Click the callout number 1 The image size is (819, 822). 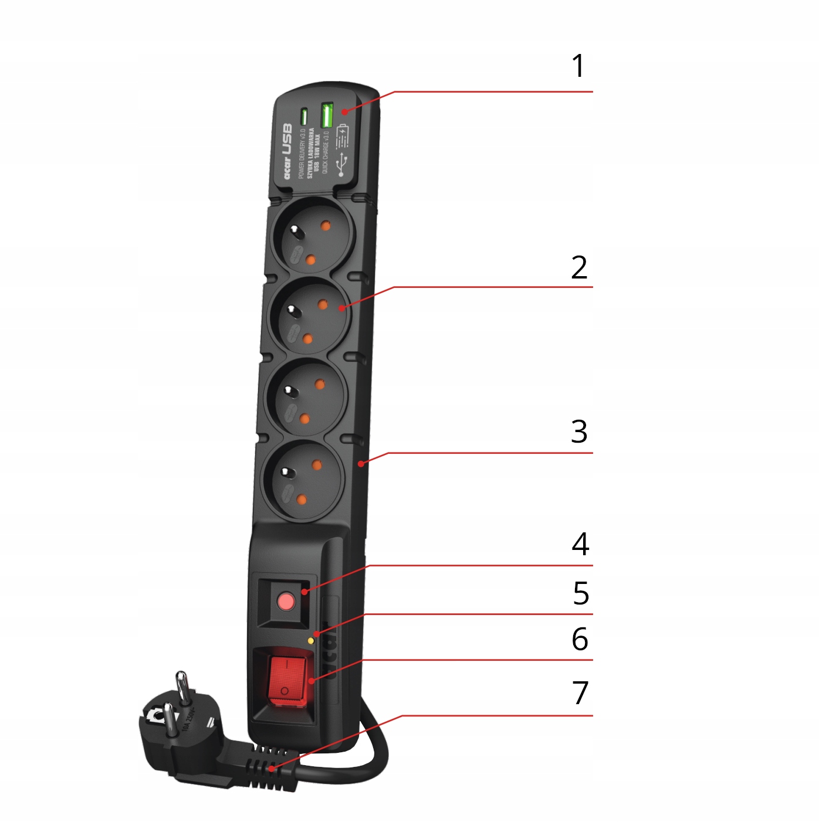[x=578, y=66]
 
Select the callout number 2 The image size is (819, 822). [x=579, y=268]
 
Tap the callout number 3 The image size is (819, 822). [x=579, y=432]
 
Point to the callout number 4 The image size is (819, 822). [x=580, y=545]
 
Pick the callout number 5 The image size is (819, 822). [x=581, y=593]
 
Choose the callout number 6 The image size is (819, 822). [x=580, y=639]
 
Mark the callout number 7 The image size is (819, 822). [x=580, y=693]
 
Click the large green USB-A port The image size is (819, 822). [x=327, y=115]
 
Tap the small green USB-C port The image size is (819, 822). [x=304, y=117]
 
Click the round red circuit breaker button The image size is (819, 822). [x=286, y=601]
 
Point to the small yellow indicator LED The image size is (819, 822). [x=310, y=641]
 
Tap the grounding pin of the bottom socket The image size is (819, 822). [x=286, y=473]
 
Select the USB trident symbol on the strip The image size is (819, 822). [x=341, y=165]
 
